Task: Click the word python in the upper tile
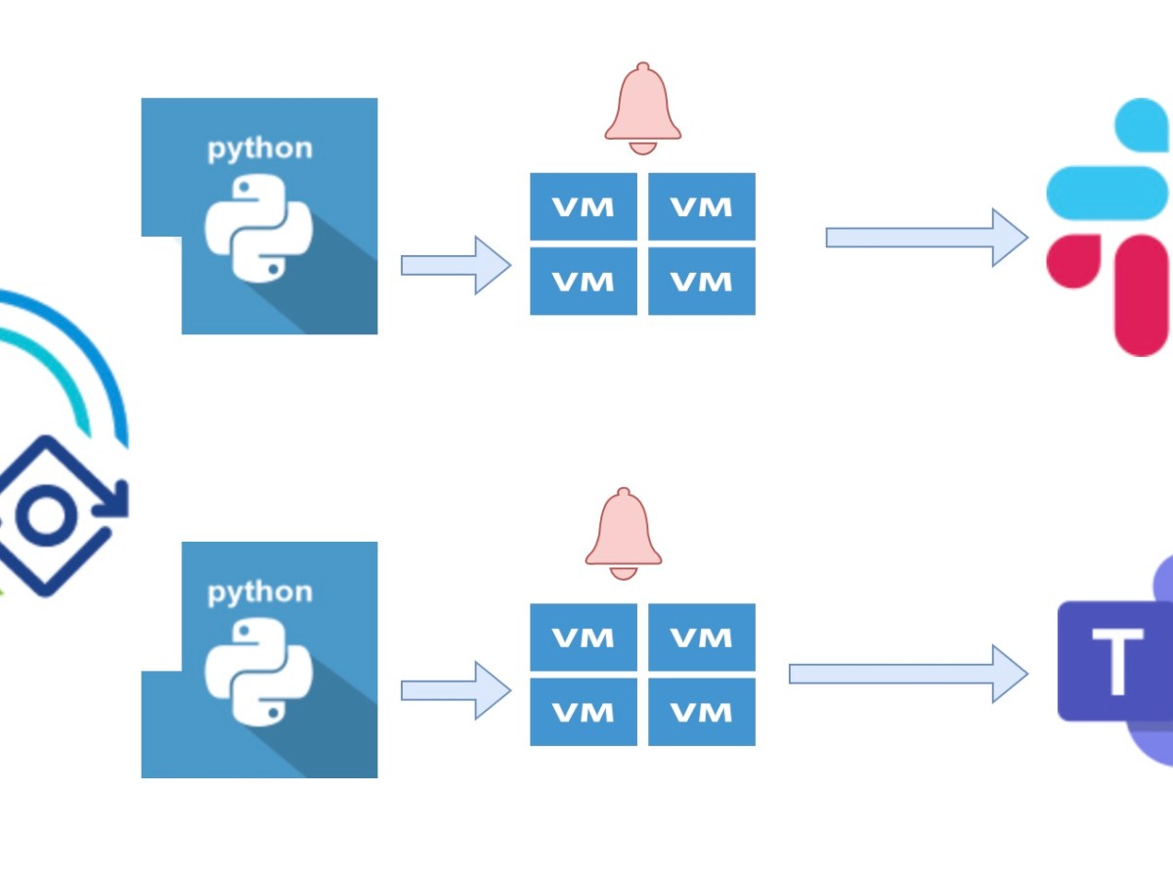[259, 150]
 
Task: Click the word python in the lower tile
[259, 593]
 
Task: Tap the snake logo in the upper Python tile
[258, 228]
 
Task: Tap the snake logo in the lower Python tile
[258, 673]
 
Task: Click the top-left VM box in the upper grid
[584, 206]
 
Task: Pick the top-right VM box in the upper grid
[702, 206]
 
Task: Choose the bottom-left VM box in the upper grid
[584, 281]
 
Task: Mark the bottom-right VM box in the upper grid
[702, 281]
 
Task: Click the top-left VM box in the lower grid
[584, 638]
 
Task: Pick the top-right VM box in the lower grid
[702, 638]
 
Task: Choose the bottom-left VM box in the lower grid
[584, 712]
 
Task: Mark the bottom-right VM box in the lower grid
[702, 712]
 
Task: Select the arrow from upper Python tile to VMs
[456, 265]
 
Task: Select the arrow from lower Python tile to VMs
[456, 690]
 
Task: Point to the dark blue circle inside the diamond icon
[45, 516]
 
